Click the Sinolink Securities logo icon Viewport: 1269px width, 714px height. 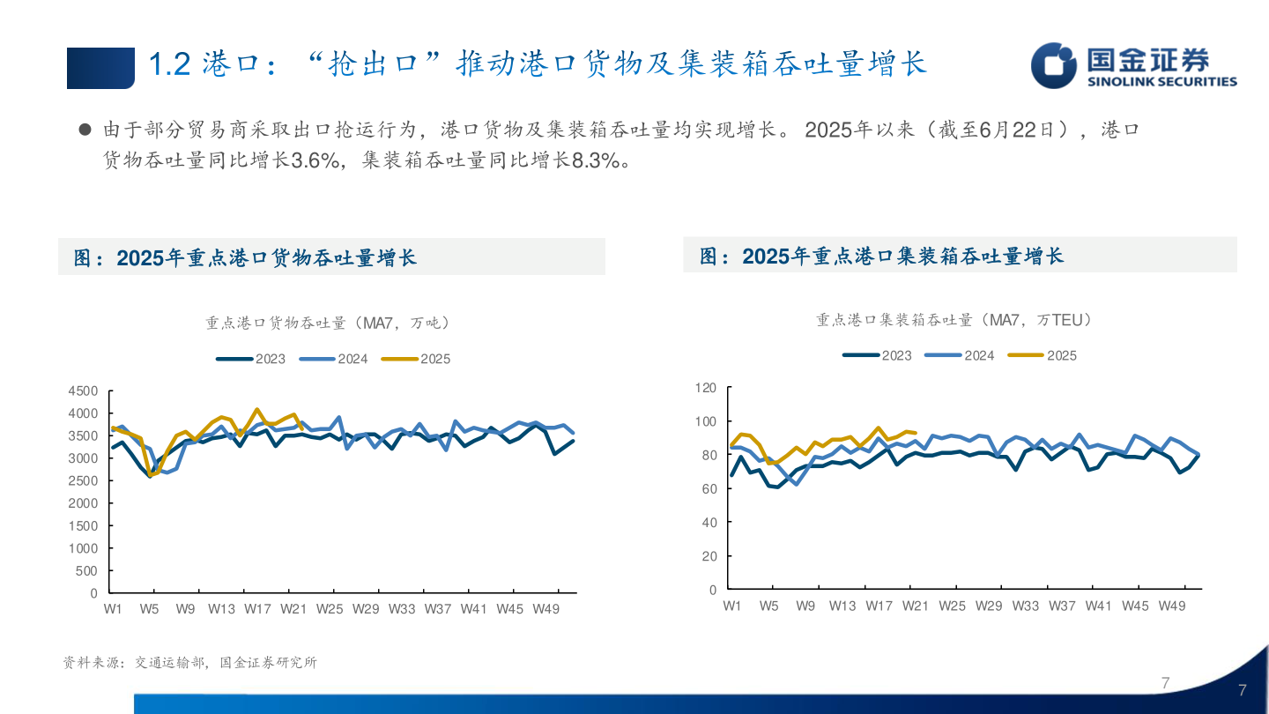[x=1054, y=65]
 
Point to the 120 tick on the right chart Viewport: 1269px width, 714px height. [x=705, y=387]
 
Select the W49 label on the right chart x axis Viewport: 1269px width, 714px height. [x=1171, y=606]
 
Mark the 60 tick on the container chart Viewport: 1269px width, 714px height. [x=709, y=488]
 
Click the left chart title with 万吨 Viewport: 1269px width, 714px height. [x=328, y=324]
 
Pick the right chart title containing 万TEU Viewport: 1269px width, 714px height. [x=954, y=320]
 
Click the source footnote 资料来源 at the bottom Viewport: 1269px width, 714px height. [x=189, y=663]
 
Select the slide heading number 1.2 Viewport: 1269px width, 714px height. [x=170, y=65]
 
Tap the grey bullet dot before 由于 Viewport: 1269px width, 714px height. [x=85, y=130]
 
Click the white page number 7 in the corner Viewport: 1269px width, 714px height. [x=1243, y=690]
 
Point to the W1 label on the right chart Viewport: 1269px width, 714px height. [x=731, y=606]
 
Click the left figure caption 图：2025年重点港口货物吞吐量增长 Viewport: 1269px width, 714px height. [x=245, y=257]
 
